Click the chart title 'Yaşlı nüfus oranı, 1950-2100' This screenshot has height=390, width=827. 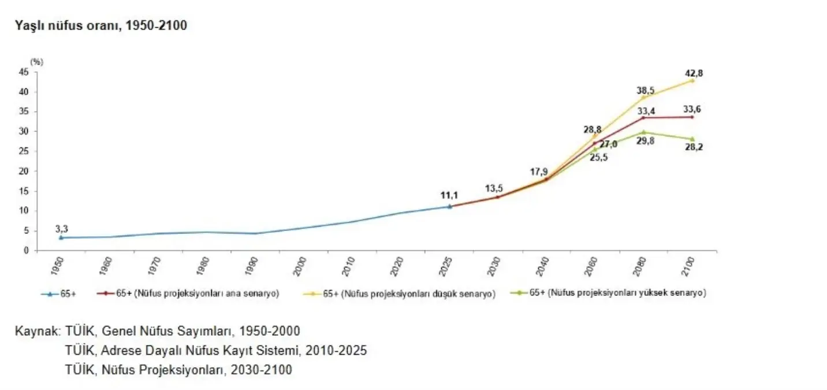tap(102, 25)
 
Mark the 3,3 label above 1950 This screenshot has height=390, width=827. tap(62, 229)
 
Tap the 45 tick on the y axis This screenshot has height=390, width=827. tap(24, 72)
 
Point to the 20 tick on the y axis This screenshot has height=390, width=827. tap(24, 171)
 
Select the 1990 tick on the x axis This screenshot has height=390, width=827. tap(254, 267)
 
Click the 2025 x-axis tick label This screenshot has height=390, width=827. tap(447, 267)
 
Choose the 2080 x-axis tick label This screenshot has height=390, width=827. tap(641, 267)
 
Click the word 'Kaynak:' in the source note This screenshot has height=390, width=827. tap(38, 332)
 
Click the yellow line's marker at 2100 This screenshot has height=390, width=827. tap(692, 80)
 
